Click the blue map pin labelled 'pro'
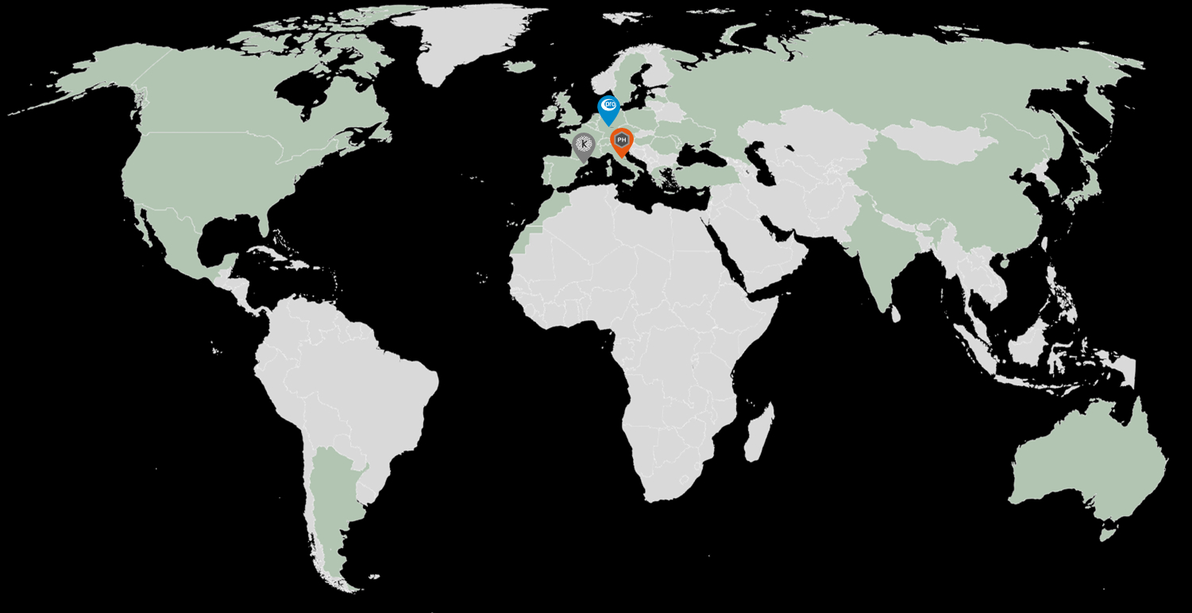pos(608,106)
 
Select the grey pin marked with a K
pos(584,145)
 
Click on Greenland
pos(461,40)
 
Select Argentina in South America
pos(334,508)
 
